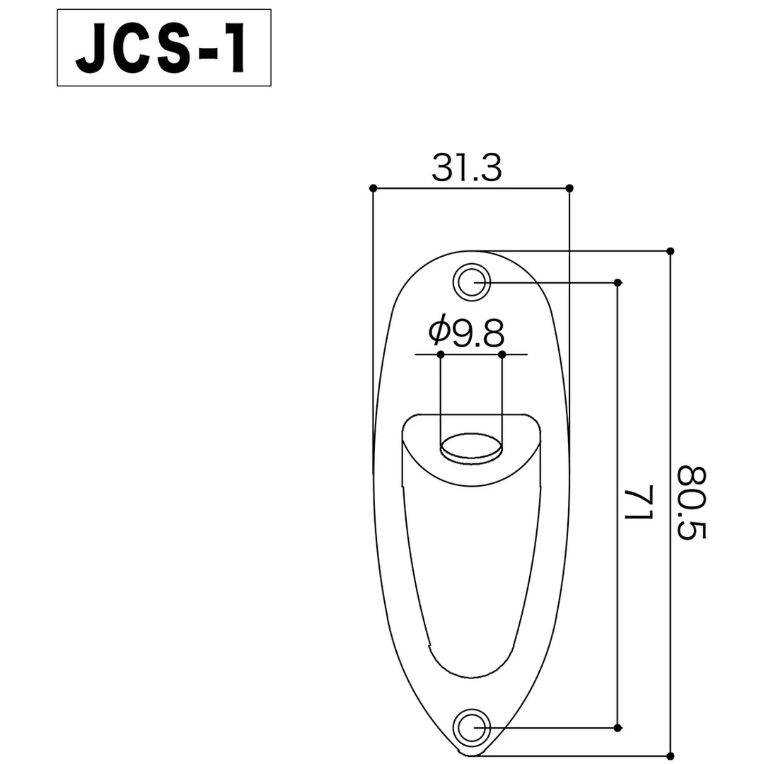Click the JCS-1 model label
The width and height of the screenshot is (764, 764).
pyautogui.click(x=163, y=48)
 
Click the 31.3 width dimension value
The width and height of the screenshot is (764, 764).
pyautogui.click(x=466, y=169)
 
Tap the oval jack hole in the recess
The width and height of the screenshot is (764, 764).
pyautogui.click(x=471, y=448)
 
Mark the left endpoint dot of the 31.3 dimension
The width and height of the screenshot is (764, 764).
pyautogui.click(x=373, y=188)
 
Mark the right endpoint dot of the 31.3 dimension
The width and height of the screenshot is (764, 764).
pyautogui.click(x=569, y=188)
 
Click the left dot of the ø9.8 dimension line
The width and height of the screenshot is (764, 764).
pyautogui.click(x=440, y=354)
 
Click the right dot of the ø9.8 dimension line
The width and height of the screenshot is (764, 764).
pyautogui.click(x=502, y=354)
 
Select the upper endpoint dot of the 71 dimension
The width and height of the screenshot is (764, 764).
pyautogui.click(x=618, y=282)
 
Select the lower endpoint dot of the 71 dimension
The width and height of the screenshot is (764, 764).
pyautogui.click(x=618, y=728)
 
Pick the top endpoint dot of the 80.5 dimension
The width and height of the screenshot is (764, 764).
pyautogui.click(x=670, y=250)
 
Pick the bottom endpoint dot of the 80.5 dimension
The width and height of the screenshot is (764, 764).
pyautogui.click(x=670, y=755)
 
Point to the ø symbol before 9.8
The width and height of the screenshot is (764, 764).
pyautogui.click(x=438, y=330)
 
